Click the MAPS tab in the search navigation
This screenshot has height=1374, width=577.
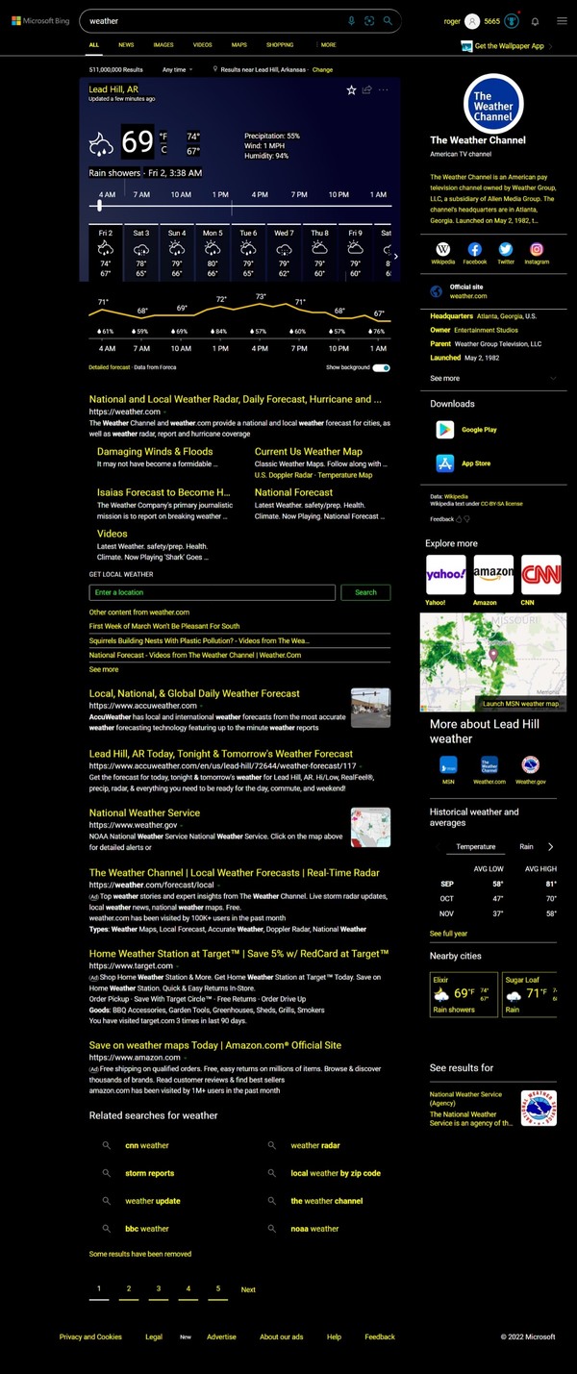238,45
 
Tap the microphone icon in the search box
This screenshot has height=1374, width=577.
351,20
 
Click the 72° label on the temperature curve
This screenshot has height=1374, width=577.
221,299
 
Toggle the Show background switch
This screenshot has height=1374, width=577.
382,367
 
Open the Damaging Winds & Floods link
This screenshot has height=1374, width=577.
155,451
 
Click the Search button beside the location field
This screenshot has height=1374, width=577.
365,592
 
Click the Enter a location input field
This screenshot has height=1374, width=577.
212,592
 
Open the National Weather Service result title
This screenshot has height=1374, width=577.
144,812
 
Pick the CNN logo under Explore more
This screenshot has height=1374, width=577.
540,574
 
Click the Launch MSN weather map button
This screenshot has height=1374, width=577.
520,703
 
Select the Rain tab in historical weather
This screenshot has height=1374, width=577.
526,847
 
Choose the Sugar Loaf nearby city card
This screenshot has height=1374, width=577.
530,994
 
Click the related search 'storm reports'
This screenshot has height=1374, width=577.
149,1173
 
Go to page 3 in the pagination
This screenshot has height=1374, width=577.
159,1288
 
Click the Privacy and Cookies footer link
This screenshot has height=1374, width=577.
90,1337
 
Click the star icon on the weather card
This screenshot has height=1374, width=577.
351,89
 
